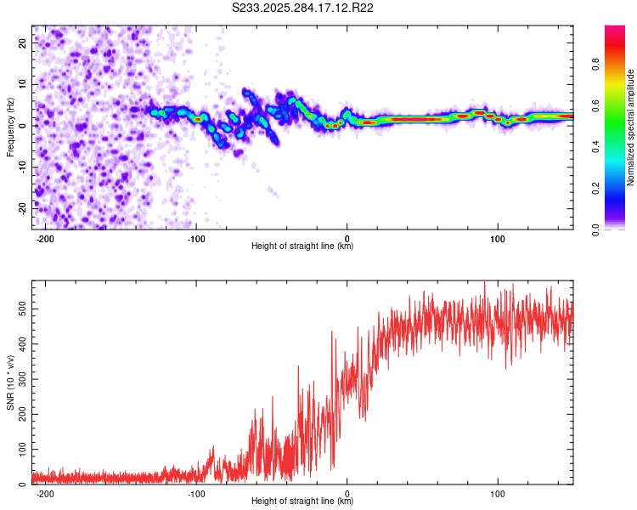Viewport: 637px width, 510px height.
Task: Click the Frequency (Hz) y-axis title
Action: [10, 127]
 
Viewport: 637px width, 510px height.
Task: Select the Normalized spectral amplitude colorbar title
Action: [631, 127]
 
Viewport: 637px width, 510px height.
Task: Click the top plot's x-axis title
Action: [302, 246]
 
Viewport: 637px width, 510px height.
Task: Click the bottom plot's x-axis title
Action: [302, 501]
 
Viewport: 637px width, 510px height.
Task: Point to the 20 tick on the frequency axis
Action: [23, 44]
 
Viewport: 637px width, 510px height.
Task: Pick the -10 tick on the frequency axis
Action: [21, 167]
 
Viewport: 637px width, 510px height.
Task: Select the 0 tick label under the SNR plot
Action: [347, 492]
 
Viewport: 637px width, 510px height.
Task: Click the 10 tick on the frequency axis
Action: [23, 85]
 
